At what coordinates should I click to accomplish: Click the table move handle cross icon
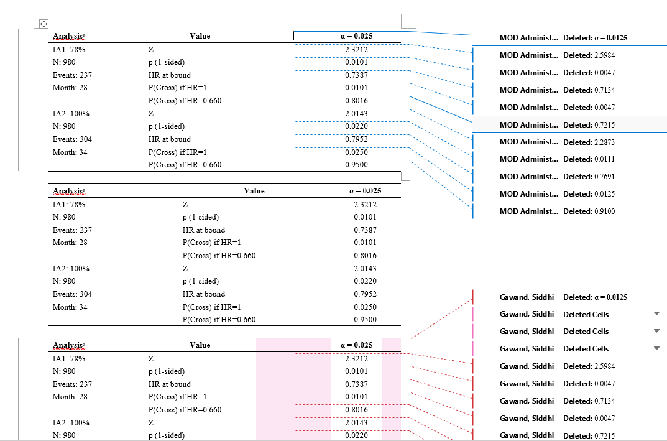tap(44, 24)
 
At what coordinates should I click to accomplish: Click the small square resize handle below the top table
tap(406, 177)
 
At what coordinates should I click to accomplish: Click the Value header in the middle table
tap(254, 191)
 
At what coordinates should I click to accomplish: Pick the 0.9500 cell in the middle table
tap(364, 320)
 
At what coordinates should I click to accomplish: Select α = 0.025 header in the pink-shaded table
tap(356, 345)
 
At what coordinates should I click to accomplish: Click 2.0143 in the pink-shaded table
tap(356, 423)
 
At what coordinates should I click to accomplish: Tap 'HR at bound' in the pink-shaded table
tap(170, 384)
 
